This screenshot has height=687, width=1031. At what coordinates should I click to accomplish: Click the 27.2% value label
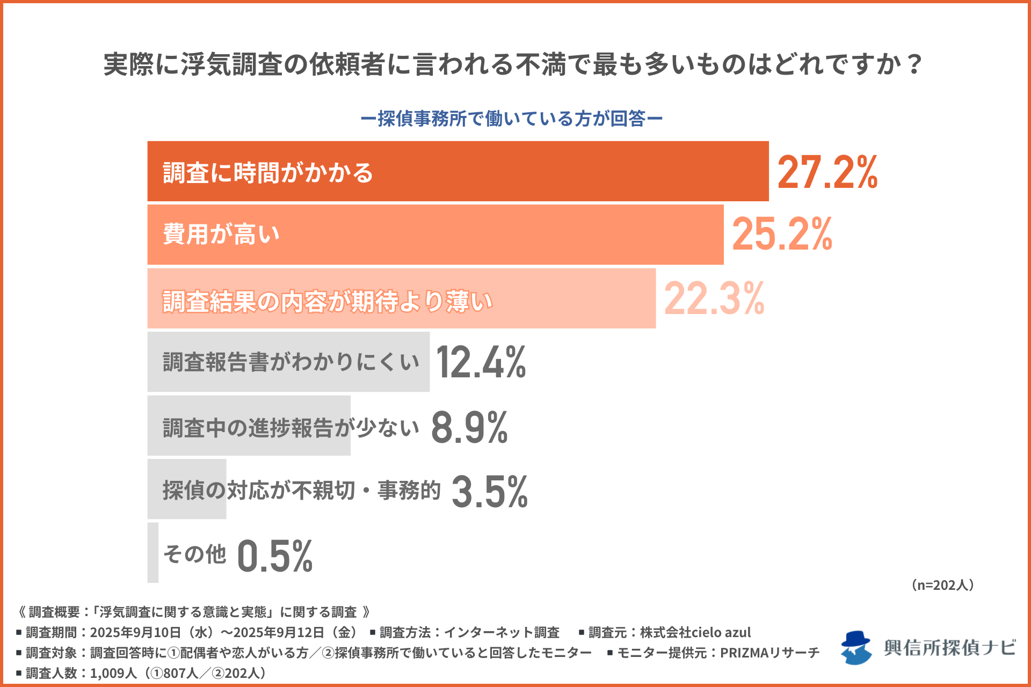(827, 172)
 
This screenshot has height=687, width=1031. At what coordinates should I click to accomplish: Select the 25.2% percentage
(782, 235)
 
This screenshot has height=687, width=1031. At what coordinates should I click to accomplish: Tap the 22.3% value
(714, 298)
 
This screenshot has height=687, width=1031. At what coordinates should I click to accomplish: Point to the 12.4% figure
(481, 362)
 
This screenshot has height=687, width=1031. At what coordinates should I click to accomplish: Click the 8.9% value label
(469, 427)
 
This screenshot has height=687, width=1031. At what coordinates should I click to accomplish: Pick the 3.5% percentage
(490, 491)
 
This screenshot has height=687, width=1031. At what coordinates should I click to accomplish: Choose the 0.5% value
(274, 556)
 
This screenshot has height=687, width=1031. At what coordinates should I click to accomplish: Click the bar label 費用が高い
(221, 235)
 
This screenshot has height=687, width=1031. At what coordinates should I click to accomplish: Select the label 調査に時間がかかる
(268, 173)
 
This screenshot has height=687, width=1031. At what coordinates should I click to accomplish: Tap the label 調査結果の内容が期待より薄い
(328, 301)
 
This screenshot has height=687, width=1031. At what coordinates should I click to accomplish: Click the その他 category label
(195, 554)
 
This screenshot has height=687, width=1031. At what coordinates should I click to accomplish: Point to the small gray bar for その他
(153, 553)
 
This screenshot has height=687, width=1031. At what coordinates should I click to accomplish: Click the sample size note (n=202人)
(943, 585)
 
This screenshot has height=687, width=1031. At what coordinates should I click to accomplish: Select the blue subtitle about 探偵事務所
(511, 119)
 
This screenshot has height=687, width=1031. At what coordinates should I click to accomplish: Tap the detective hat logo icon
(856, 647)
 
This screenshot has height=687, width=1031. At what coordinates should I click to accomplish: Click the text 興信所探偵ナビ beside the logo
(949, 648)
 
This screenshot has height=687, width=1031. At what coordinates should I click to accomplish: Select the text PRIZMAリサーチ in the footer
(769, 653)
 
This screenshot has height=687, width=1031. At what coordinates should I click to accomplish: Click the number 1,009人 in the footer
(113, 673)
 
